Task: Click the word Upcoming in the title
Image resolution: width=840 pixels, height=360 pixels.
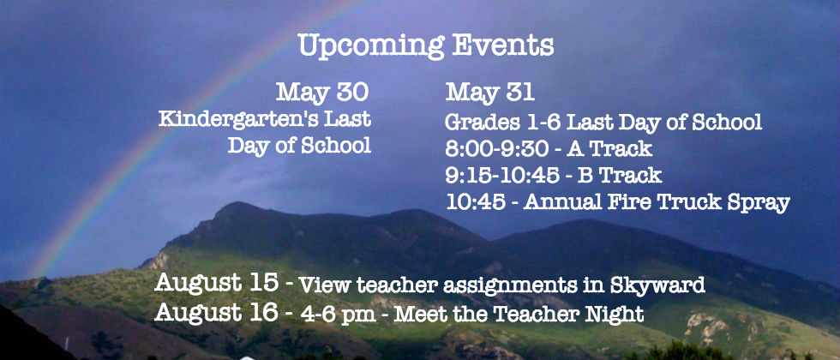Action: [x=371, y=46]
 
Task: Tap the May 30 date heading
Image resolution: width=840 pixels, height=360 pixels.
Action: [x=322, y=93]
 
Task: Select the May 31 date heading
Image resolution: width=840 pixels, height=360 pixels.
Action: [x=489, y=93]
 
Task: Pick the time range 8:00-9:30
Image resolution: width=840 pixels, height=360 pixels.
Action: [x=496, y=149]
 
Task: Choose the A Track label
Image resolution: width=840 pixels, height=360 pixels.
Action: [x=610, y=149]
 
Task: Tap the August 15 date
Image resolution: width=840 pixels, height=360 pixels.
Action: [x=216, y=283]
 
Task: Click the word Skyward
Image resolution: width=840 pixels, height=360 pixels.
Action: [x=657, y=286]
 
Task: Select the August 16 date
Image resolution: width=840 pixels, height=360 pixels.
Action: [x=216, y=312]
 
